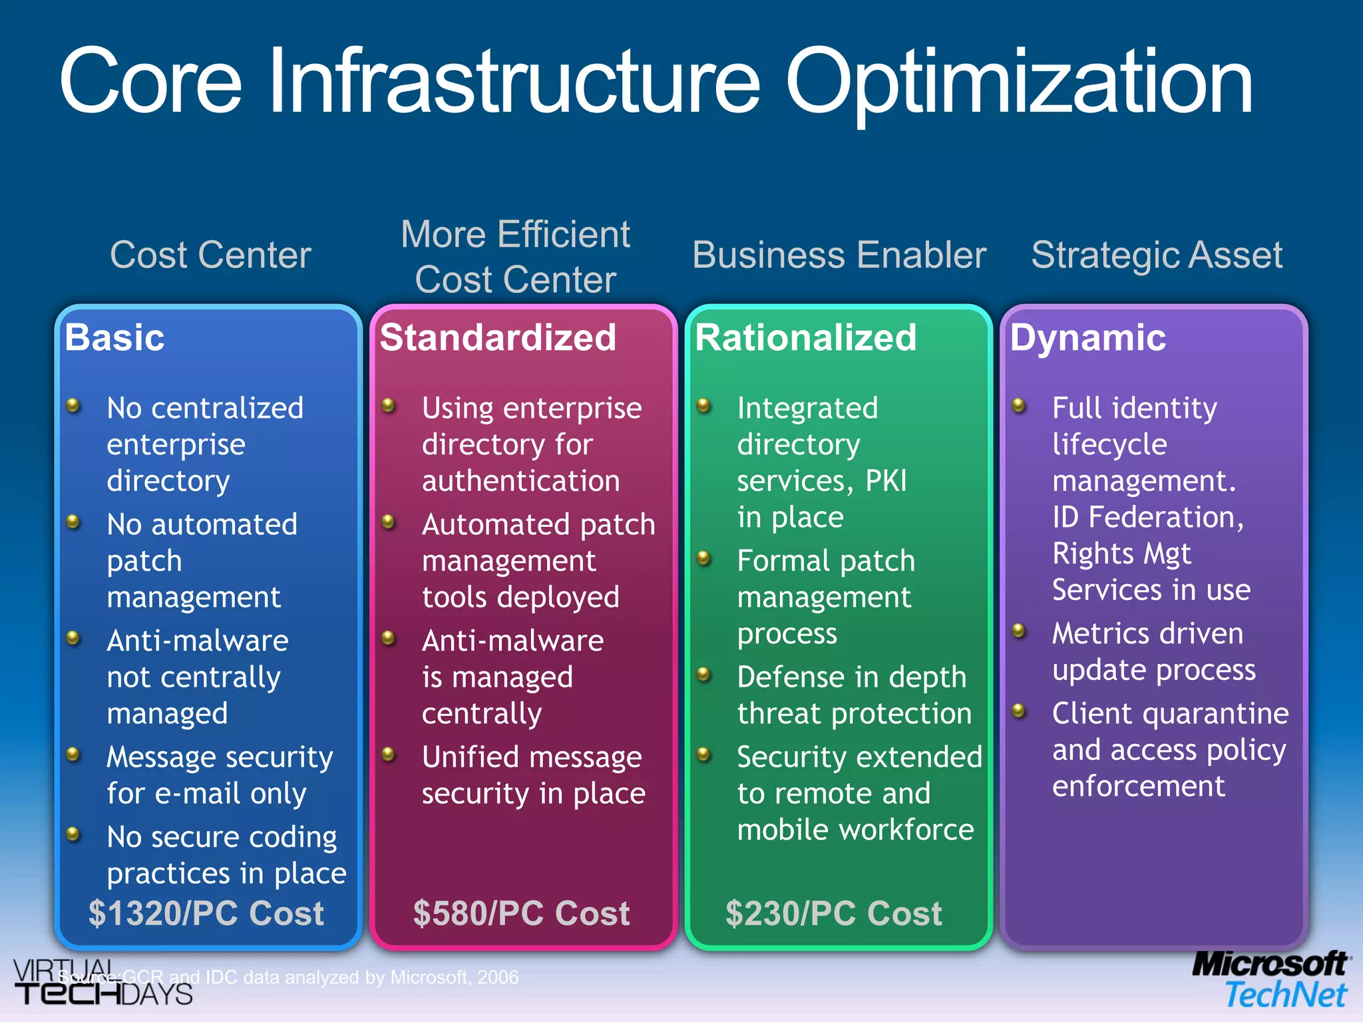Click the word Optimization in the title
click(1018, 83)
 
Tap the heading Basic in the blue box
click(114, 337)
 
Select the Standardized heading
click(498, 337)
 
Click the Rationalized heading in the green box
click(805, 337)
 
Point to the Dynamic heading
click(1087, 337)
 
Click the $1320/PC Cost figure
click(206, 913)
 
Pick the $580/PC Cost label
click(521, 913)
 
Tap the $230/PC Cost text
click(833, 913)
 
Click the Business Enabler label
click(839, 255)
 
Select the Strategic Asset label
click(1157, 255)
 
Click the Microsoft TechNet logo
click(1271, 980)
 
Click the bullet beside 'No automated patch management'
click(74, 522)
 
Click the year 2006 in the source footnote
click(498, 977)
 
